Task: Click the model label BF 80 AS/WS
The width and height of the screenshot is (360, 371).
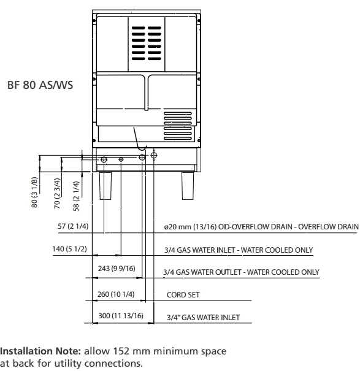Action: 40,85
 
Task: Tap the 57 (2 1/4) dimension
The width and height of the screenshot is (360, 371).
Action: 73,226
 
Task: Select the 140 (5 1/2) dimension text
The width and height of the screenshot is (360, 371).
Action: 69,249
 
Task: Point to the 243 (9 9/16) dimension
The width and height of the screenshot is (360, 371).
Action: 117,269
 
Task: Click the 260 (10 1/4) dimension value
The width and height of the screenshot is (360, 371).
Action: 116,294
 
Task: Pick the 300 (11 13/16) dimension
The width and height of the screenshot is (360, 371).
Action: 121,316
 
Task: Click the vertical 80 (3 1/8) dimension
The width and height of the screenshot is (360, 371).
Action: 34,193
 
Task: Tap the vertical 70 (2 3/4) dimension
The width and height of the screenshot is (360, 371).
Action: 57,193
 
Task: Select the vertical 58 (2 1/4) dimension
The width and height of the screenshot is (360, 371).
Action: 76,196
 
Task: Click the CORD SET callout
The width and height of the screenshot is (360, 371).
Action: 183,295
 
